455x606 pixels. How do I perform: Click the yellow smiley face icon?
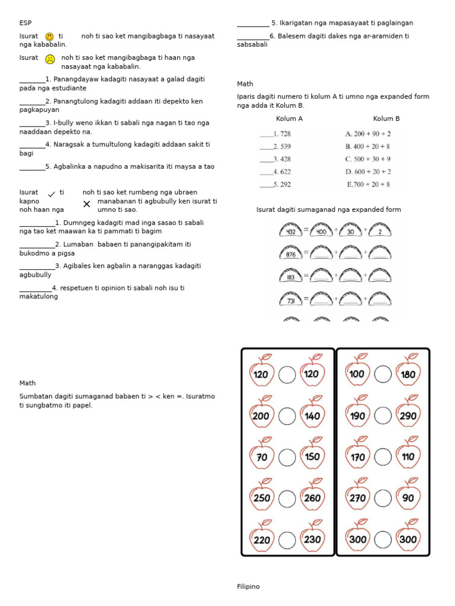pyautogui.click(x=50, y=37)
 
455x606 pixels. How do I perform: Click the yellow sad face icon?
pyautogui.click(x=50, y=59)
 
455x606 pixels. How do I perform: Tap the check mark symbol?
pyautogui.click(x=52, y=194)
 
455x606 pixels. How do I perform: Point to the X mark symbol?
pyautogui.click(x=86, y=204)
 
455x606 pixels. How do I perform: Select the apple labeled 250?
pyautogui.click(x=262, y=497)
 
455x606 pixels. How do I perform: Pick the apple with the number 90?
pyautogui.click(x=408, y=497)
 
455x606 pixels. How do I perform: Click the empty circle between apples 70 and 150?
pyautogui.click(x=287, y=457)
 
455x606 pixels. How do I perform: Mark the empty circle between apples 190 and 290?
pyautogui.click(x=383, y=416)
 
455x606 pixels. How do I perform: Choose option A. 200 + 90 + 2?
pyautogui.click(x=368, y=134)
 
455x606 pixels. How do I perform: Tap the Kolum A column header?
pyautogui.click(x=289, y=119)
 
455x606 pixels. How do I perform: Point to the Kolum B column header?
pyautogui.click(x=386, y=119)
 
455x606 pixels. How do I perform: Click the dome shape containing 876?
pyautogui.click(x=291, y=254)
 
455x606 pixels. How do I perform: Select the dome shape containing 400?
pyautogui.click(x=322, y=231)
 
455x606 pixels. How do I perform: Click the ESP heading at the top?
pyautogui.click(x=25, y=23)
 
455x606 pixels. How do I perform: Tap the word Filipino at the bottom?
pyautogui.click(x=248, y=586)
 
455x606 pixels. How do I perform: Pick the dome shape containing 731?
pyautogui.click(x=291, y=300)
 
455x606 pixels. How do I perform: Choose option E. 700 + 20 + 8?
pyautogui.click(x=368, y=184)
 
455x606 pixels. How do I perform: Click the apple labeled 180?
pyautogui.click(x=408, y=373)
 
